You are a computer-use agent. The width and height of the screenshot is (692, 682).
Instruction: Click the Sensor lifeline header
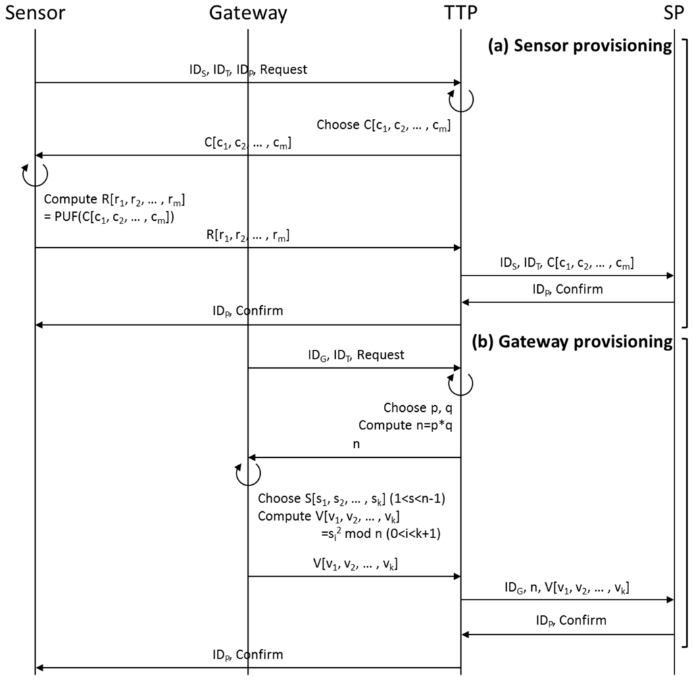(x=35, y=13)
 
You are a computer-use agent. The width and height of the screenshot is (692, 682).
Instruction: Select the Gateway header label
(x=248, y=13)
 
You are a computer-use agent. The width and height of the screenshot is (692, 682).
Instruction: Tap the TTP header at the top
(x=461, y=13)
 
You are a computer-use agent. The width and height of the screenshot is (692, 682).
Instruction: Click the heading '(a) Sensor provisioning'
(x=580, y=46)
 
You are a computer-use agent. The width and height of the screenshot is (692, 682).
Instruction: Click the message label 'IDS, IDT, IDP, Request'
(x=247, y=70)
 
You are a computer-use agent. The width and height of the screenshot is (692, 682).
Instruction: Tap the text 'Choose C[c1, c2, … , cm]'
(x=383, y=126)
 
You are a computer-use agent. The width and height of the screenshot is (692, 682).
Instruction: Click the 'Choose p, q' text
(x=418, y=408)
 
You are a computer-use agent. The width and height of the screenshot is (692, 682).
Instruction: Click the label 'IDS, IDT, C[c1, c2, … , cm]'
(x=566, y=263)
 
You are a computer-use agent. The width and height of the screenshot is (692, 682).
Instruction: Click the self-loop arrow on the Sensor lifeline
(x=34, y=174)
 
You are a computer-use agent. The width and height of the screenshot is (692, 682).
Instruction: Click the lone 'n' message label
(x=356, y=444)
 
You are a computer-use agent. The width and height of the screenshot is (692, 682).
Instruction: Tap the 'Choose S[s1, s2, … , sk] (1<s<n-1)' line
(x=349, y=500)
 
